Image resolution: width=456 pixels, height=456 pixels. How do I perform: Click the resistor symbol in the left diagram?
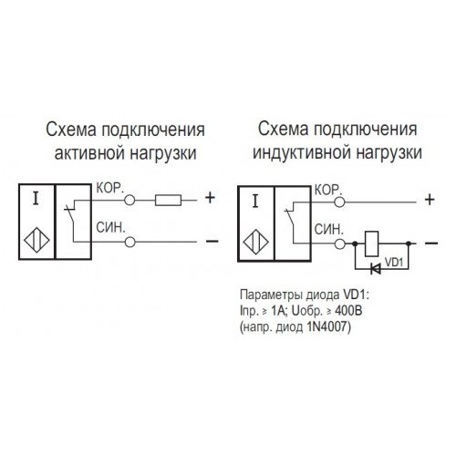click(168, 200)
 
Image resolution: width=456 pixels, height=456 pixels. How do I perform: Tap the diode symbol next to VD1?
click(376, 268)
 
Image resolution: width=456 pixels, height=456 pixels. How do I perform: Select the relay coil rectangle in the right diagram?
click(372, 244)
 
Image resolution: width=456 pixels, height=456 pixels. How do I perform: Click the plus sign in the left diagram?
click(210, 198)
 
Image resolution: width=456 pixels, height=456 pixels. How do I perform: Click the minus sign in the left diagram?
click(212, 241)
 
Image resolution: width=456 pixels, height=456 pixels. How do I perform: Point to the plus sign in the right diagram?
click(430, 200)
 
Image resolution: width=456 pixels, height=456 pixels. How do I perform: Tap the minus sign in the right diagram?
click(431, 243)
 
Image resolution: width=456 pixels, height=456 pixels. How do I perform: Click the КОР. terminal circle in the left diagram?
click(130, 200)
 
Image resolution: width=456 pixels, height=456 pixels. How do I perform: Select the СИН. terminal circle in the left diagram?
click(130, 242)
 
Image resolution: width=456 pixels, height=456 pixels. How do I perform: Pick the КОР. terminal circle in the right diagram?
click(339, 202)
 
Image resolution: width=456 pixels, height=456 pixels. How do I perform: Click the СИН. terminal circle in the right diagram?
click(339, 244)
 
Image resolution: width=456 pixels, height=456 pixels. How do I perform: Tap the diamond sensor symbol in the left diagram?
click(36, 240)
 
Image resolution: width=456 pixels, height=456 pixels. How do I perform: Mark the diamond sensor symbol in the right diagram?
click(256, 242)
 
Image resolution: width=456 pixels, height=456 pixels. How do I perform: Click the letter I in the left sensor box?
click(36, 199)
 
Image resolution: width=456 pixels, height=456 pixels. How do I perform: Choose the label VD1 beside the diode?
click(394, 262)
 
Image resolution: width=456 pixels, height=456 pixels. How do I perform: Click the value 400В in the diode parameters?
click(348, 311)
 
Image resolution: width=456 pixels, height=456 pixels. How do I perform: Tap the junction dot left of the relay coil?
click(355, 244)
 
